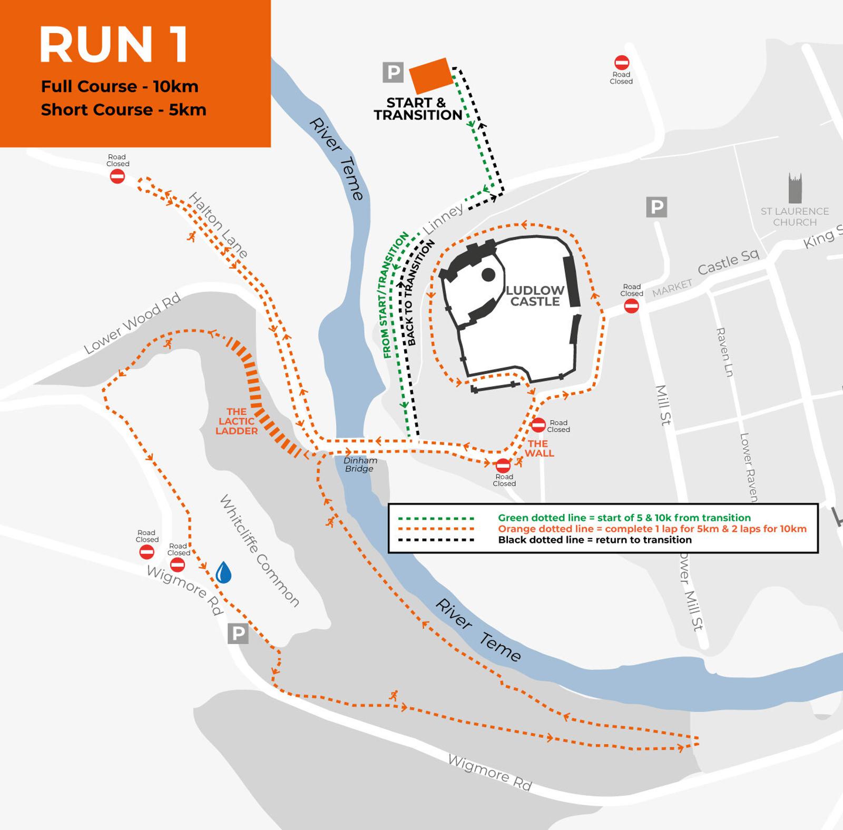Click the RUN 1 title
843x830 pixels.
[x=114, y=45]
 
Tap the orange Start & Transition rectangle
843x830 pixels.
[x=431, y=76]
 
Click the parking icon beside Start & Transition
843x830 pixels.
[x=393, y=72]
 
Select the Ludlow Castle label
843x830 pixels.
[x=535, y=296]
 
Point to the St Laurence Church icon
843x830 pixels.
[x=795, y=188]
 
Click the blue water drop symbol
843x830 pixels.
[x=223, y=572]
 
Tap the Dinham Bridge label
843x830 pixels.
[x=360, y=465]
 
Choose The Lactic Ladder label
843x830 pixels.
[x=237, y=421]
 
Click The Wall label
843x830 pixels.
[x=539, y=448]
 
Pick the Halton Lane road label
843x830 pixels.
[x=218, y=225]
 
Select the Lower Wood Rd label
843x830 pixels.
[x=133, y=323]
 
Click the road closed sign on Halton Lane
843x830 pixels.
[x=117, y=176]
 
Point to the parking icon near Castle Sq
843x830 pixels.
[x=656, y=207]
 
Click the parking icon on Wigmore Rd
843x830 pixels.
[x=238, y=633]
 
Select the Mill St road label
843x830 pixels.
[x=663, y=405]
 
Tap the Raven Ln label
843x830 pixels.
[x=724, y=352]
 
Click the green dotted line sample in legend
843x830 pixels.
[x=436, y=518]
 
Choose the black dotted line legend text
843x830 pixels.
[x=594, y=540]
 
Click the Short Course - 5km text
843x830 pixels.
[x=124, y=110]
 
